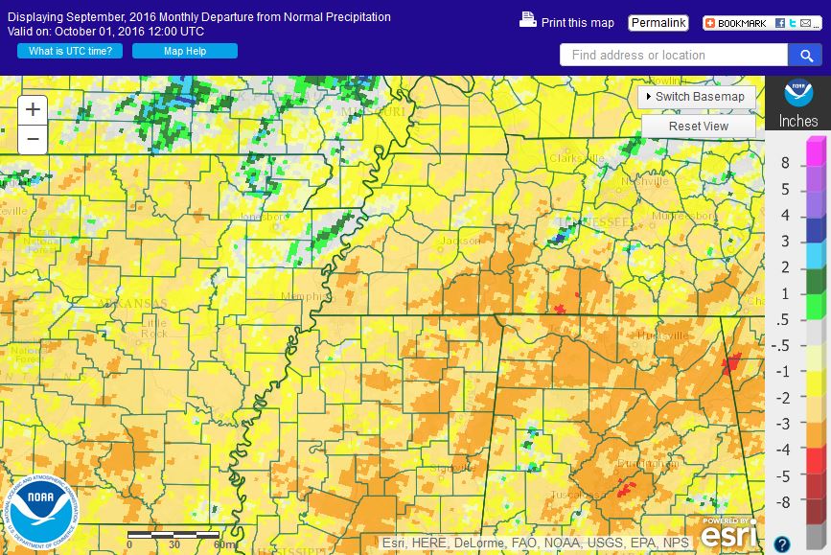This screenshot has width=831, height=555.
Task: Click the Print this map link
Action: pyautogui.click(x=567, y=22)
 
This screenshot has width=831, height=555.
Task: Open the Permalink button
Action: pyautogui.click(x=658, y=22)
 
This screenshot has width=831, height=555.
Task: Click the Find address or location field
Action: pyautogui.click(x=673, y=56)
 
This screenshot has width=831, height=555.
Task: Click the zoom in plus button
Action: pyautogui.click(x=33, y=109)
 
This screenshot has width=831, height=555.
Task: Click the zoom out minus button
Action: pyautogui.click(x=33, y=139)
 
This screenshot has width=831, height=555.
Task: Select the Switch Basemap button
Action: pyautogui.click(x=697, y=97)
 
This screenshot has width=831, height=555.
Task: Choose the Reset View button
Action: pyautogui.click(x=698, y=127)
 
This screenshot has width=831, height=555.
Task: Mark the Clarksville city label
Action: pyautogui.click(x=576, y=158)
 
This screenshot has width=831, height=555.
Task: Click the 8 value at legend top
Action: pyautogui.click(x=785, y=163)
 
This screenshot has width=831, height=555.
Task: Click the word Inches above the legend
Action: pyautogui.click(x=797, y=122)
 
